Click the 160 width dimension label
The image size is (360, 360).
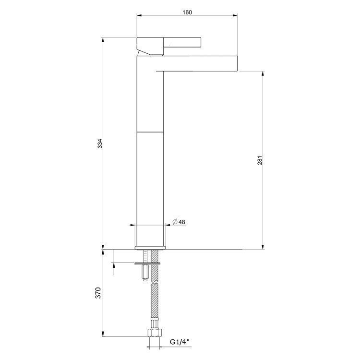(187, 12)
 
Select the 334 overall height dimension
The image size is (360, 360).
(99, 144)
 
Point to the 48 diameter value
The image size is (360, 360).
(182, 222)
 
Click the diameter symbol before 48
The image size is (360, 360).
(175, 222)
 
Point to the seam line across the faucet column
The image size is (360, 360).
(151, 131)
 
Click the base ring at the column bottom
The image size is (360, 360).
(151, 248)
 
